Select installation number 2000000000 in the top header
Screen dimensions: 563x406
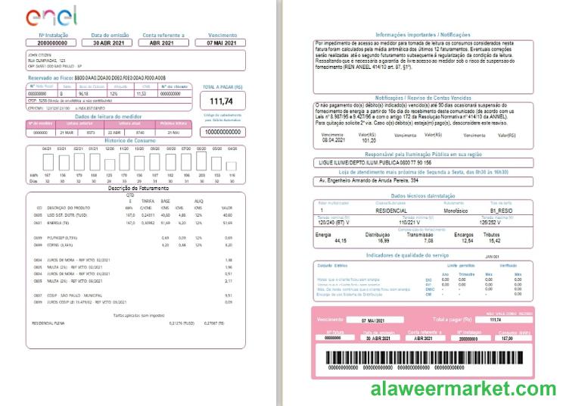tap(57, 43)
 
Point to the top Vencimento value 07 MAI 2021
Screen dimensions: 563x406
tap(222, 43)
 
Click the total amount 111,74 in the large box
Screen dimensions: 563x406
tap(221, 101)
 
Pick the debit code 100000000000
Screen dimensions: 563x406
tap(222, 131)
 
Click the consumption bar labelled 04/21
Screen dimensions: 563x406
tap(47, 161)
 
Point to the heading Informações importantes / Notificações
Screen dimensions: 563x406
tap(423, 35)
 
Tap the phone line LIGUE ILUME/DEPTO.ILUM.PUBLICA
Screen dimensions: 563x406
tap(386, 163)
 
